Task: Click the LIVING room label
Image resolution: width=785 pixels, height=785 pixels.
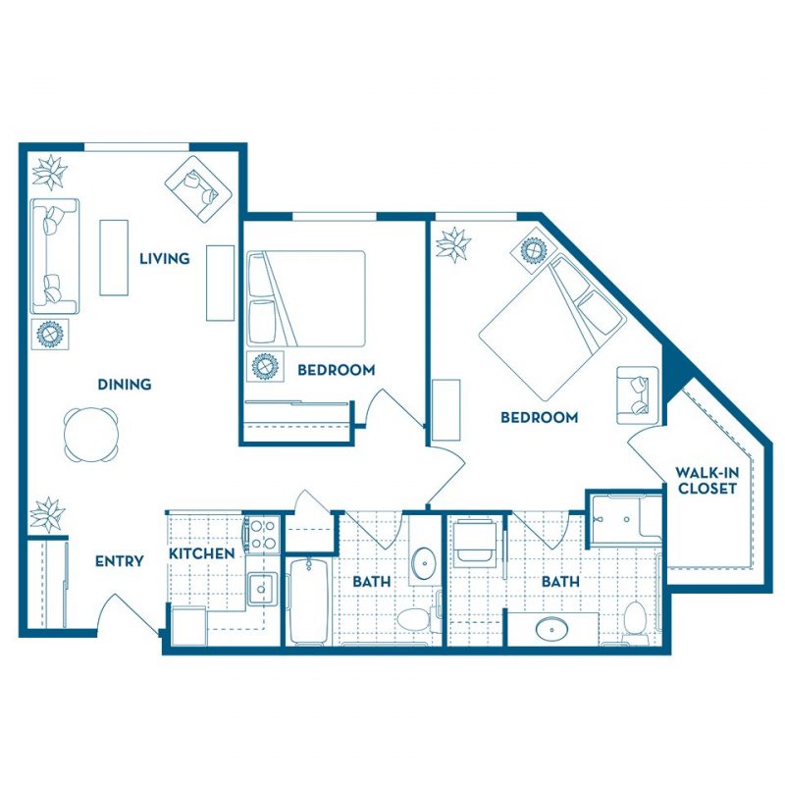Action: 164,258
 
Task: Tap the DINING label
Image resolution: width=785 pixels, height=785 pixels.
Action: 125,385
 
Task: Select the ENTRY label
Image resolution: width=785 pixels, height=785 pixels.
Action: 119,561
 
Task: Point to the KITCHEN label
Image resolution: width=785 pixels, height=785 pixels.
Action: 202,553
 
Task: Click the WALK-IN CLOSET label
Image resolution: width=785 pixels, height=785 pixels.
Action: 706,480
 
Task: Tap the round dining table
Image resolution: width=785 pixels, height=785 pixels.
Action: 91,434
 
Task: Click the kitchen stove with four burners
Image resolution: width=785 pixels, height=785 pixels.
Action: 263,534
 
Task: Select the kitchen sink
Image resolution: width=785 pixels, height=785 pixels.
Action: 261,589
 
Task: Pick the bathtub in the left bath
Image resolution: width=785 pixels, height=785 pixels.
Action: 309,601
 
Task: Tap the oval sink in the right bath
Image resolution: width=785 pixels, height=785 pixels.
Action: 551,629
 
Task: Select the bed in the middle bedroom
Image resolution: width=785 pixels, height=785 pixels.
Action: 306,298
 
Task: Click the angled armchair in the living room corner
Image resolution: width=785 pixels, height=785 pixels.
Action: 199,189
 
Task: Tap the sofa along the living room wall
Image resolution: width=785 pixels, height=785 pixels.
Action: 55,256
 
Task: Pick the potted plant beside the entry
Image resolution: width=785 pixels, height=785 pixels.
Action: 47,514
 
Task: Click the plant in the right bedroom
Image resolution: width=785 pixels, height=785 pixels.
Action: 453,244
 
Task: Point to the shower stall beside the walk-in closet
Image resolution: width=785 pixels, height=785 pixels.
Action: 625,519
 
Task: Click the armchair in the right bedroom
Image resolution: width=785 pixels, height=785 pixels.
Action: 637,395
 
